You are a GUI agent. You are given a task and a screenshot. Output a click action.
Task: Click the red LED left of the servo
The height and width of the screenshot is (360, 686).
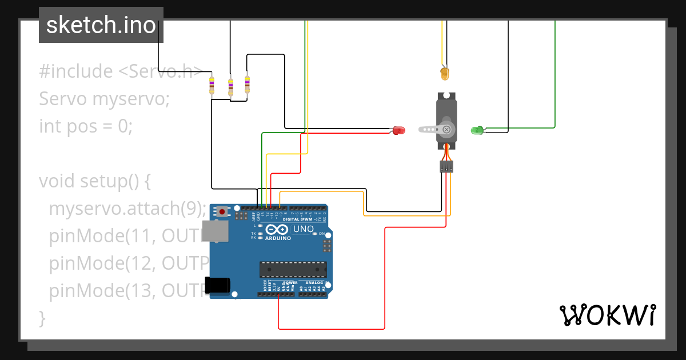[398, 130]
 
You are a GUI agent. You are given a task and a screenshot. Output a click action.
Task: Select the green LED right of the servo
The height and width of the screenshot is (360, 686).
[477, 130]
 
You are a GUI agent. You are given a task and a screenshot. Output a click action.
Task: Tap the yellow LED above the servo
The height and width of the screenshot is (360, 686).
[445, 74]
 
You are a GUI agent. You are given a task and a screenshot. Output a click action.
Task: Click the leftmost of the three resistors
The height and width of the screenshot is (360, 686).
[212, 85]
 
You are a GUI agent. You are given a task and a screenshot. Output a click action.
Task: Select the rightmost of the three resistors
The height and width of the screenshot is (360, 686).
[247, 83]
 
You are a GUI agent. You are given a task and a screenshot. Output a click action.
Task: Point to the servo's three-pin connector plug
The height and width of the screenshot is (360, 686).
[446, 166]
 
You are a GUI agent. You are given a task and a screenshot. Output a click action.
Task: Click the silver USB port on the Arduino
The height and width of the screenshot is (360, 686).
[217, 231]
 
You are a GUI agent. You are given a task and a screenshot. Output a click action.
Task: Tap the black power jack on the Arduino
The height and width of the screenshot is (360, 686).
[218, 285]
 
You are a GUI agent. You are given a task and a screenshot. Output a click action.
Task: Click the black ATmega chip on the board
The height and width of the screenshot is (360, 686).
[293, 270]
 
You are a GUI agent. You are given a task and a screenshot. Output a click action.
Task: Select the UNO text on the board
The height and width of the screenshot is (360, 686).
[304, 229]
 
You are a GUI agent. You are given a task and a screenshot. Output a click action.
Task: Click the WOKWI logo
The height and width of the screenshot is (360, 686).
[607, 315]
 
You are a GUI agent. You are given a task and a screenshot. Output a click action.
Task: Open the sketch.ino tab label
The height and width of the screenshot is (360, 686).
[101, 25]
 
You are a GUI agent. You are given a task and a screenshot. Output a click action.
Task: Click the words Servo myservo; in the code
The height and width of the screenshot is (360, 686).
[105, 99]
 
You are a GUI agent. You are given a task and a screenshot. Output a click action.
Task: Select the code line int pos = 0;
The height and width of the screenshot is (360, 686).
[86, 126]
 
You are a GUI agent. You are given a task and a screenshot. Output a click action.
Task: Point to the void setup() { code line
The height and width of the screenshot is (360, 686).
[95, 181]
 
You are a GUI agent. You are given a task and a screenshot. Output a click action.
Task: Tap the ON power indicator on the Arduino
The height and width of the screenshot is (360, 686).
[321, 234]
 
